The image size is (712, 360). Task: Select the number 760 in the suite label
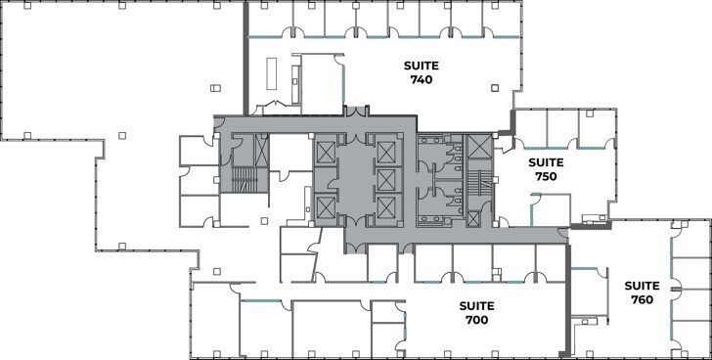[642, 299]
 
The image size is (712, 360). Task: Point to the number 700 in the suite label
[476, 319]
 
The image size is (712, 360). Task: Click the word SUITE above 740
[423, 66]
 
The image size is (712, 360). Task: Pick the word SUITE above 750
[546, 162]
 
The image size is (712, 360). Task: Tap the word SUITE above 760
[642, 286]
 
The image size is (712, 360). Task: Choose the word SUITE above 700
[476, 305]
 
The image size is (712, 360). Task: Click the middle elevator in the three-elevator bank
[386, 179]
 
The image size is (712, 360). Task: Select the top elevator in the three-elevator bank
[386, 152]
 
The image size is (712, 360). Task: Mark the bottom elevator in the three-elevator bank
[386, 206]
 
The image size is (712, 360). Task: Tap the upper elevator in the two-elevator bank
[325, 152]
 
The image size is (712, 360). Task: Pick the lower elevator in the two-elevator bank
[325, 205]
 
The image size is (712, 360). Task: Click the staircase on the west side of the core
[239, 177]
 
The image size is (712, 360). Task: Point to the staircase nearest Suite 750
[479, 184]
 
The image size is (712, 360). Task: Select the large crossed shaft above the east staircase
[479, 147]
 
